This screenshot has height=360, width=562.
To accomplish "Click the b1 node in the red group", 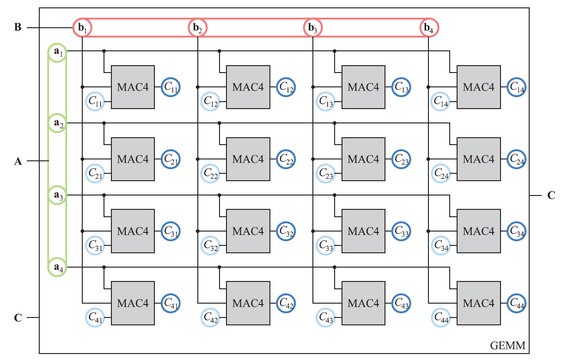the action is pyautogui.click(x=82, y=28).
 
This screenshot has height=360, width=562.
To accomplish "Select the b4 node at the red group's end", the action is pyautogui.click(x=429, y=28).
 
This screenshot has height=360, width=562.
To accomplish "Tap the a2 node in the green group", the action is pyautogui.click(x=57, y=123).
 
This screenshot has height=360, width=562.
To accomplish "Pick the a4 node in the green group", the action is pyautogui.click(x=57, y=267).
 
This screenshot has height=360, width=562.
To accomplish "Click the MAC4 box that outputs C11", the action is pyautogui.click(x=133, y=87).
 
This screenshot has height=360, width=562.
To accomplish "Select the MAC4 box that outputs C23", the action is pyautogui.click(x=363, y=159).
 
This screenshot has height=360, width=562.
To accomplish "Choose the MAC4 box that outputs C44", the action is pyautogui.click(x=479, y=303).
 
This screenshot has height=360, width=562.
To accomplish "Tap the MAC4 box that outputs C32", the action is pyautogui.click(x=248, y=231).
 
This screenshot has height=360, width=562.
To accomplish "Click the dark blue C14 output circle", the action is pyautogui.click(x=517, y=87).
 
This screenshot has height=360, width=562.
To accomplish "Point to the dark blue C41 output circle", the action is pyautogui.click(x=171, y=303).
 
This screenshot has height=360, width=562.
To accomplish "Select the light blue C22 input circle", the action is pyautogui.click(x=210, y=173).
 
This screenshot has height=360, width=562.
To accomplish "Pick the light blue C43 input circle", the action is pyautogui.click(x=325, y=317).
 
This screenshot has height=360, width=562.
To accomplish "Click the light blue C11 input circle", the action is pyautogui.click(x=95, y=101).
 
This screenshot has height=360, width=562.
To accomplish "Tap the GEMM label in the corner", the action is pyautogui.click(x=507, y=346).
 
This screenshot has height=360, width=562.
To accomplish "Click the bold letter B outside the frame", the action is pyautogui.click(x=18, y=27).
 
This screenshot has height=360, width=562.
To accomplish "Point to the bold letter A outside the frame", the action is pyautogui.click(x=18, y=161).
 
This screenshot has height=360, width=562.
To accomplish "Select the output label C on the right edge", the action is pyautogui.click(x=551, y=195).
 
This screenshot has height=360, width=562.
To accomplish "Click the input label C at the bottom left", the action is pyautogui.click(x=18, y=317).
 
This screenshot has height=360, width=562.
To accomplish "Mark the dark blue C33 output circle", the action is pyautogui.click(x=401, y=231).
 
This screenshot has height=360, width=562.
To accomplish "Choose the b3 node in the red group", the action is pyautogui.click(x=313, y=28).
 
